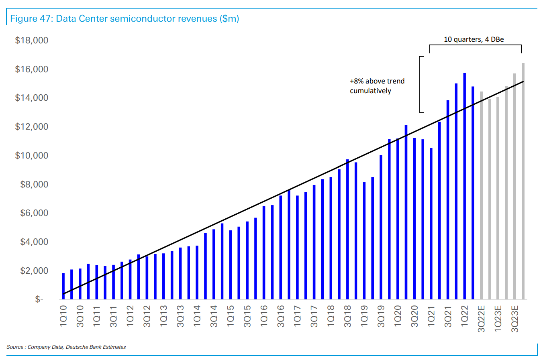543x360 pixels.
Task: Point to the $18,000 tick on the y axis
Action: pos(31,41)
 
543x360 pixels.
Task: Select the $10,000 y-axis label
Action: pos(31,156)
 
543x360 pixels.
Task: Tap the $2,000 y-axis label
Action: pos(34,271)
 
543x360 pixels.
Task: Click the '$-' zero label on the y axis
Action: pos(39,299)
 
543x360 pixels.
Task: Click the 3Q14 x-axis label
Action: pos(214,316)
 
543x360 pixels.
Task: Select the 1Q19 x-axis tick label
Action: pos(364,316)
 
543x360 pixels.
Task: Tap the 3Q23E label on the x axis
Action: pos(515,319)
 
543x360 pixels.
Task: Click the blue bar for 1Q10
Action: pos(63,286)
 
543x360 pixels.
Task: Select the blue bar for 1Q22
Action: pos(465,186)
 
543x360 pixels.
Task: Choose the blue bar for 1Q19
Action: pos(364,241)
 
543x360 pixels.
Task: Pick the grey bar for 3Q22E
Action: pos(481,195)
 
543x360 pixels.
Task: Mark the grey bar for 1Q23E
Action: pos(498,198)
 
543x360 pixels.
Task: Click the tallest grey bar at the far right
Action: pos(523,181)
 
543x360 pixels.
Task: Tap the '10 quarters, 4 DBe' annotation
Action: pos(474,39)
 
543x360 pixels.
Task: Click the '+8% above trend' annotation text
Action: pos(377,81)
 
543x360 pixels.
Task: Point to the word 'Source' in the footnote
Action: pos(15,347)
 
